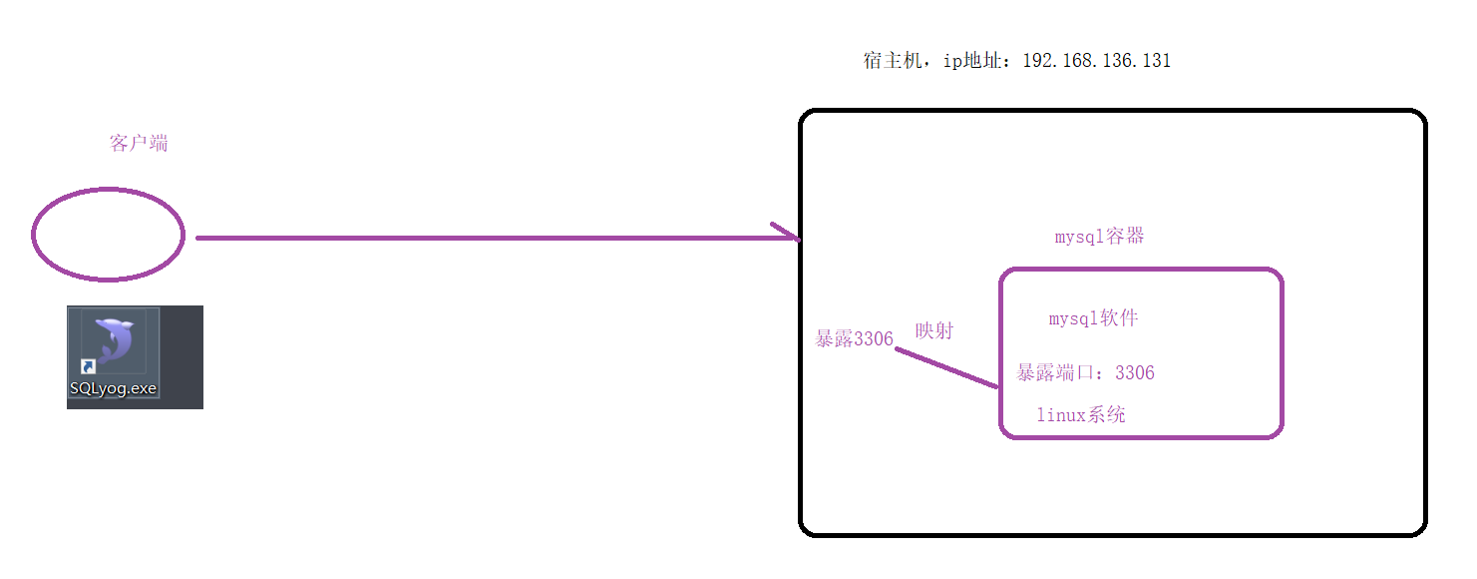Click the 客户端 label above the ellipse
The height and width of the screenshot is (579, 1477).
(x=139, y=144)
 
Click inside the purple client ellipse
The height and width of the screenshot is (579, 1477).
(x=108, y=235)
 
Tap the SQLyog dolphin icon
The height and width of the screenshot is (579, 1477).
(x=115, y=340)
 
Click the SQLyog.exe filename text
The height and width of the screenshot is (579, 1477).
(x=113, y=388)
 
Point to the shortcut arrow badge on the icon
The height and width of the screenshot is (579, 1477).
(x=89, y=366)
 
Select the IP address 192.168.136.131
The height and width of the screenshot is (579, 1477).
(x=1097, y=61)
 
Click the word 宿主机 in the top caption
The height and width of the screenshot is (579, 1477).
(x=893, y=61)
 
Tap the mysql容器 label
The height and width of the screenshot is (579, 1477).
(x=1099, y=237)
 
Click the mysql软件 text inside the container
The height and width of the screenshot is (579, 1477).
(x=1093, y=318)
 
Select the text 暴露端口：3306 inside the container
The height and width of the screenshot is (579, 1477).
(x=1085, y=373)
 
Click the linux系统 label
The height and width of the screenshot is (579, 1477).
(x=1081, y=414)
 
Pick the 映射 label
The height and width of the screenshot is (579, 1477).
(x=934, y=330)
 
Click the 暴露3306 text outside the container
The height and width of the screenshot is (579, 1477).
(x=854, y=338)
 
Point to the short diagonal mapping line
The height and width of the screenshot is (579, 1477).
(x=946, y=367)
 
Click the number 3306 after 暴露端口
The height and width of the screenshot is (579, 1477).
(x=1135, y=373)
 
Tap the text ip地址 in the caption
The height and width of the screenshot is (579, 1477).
(x=972, y=61)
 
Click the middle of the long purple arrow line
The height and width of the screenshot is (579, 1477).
(x=498, y=238)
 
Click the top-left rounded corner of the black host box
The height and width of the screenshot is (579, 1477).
(x=806, y=116)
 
